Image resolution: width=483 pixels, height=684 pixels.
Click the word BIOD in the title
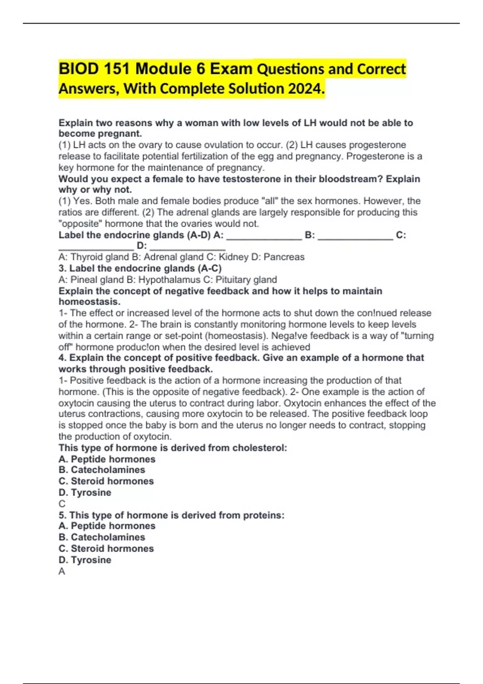(x=79, y=69)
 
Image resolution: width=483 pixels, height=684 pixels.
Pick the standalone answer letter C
(x=62, y=504)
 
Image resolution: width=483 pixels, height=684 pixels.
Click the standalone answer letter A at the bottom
(x=62, y=571)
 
